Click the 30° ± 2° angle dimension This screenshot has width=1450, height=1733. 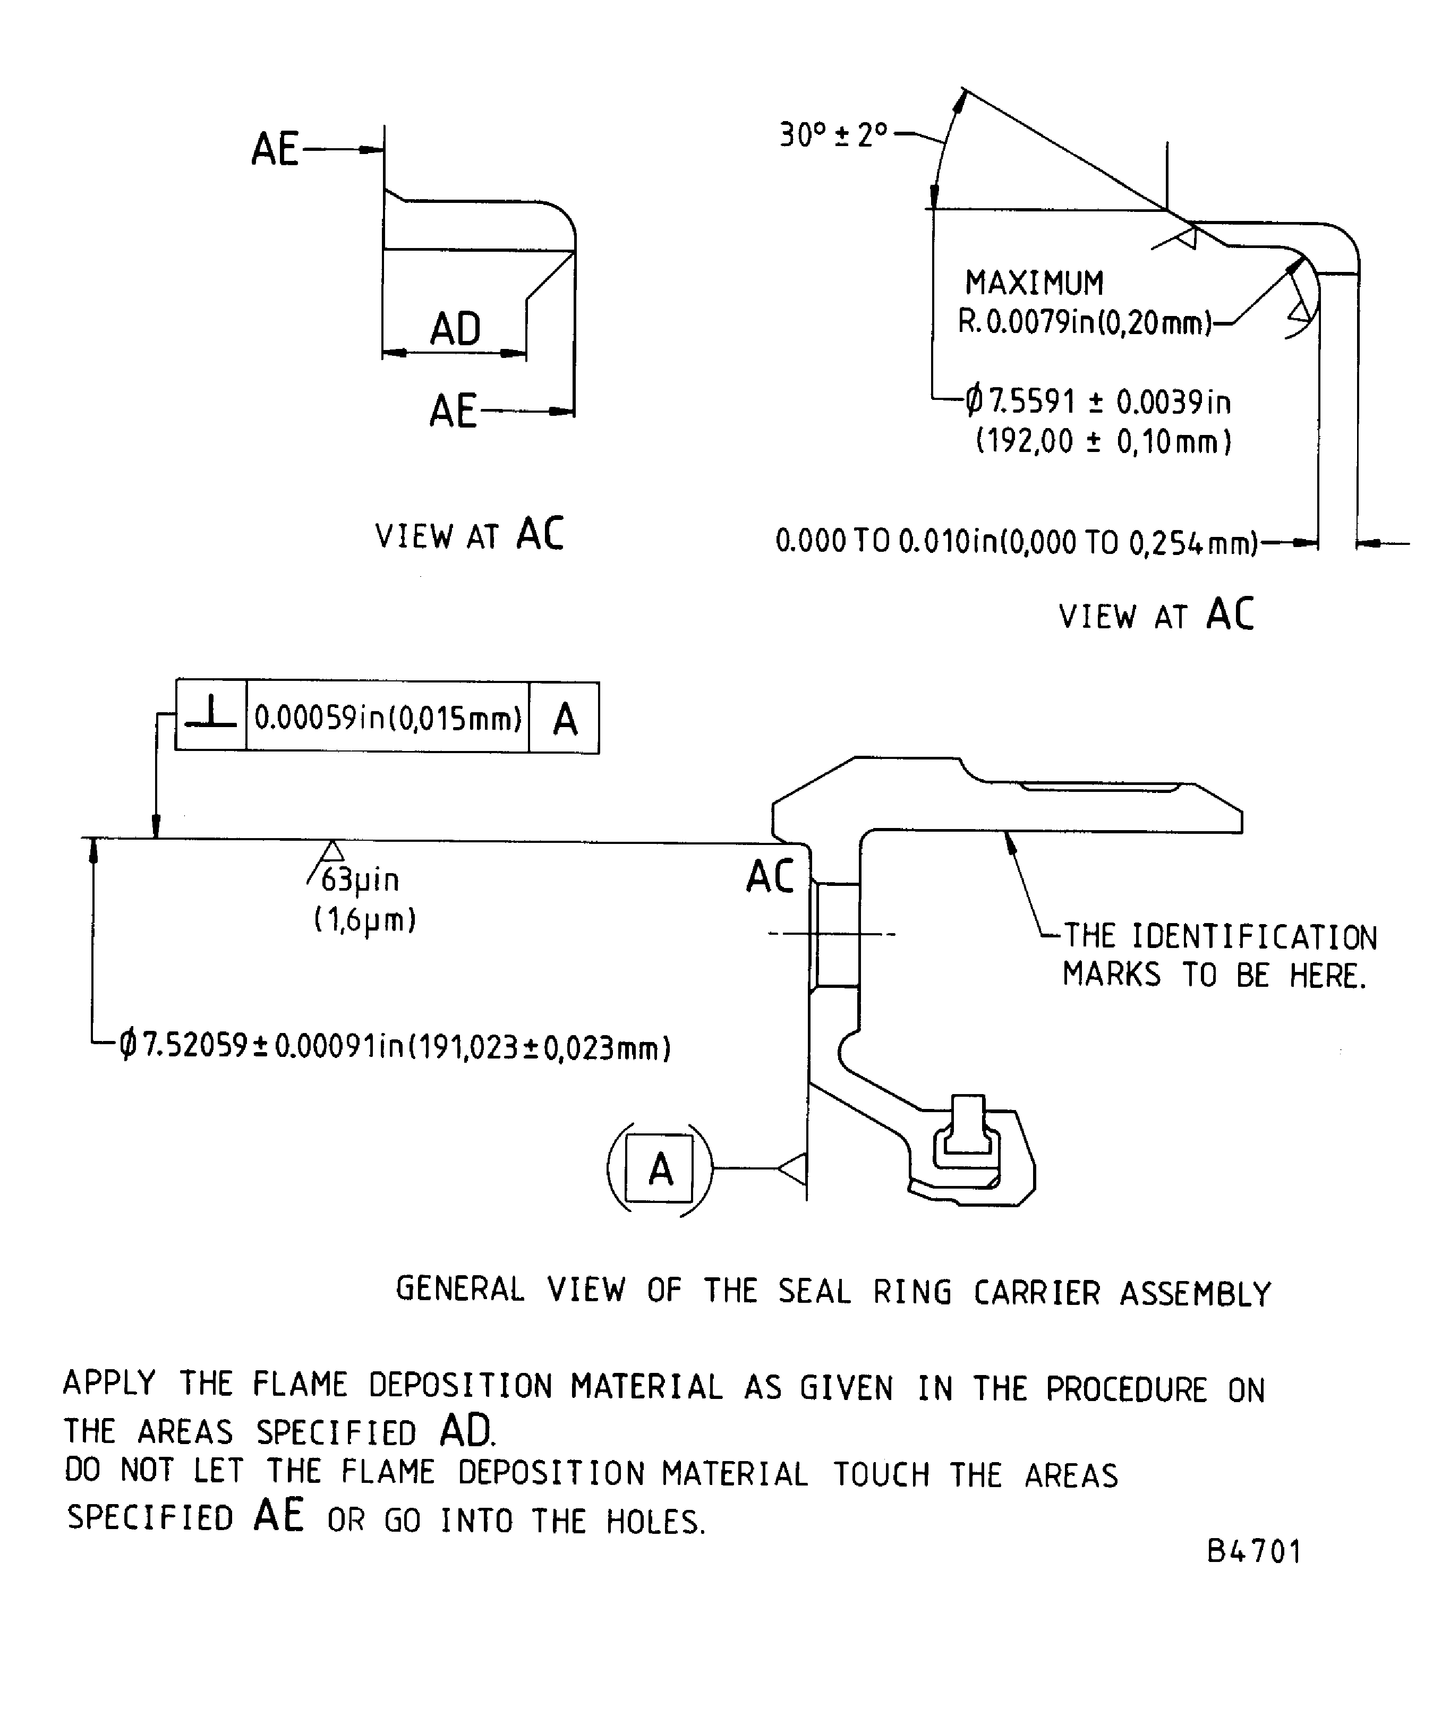click(x=832, y=134)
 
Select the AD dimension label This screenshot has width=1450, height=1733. click(x=455, y=328)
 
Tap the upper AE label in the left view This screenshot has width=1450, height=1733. click(x=275, y=149)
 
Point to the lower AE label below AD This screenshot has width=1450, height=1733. click(x=452, y=411)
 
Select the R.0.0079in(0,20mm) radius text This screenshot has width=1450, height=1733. click(x=1084, y=322)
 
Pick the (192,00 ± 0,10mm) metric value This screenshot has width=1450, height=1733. click(x=1103, y=441)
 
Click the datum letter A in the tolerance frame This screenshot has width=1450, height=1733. click(x=565, y=719)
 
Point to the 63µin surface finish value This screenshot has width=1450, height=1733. click(x=360, y=880)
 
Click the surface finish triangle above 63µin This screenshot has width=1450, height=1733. click(x=332, y=851)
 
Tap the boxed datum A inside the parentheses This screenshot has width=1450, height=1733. click(x=659, y=1168)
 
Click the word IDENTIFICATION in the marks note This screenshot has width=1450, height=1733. click(x=1253, y=937)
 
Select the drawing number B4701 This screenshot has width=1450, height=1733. click(x=1253, y=1551)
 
